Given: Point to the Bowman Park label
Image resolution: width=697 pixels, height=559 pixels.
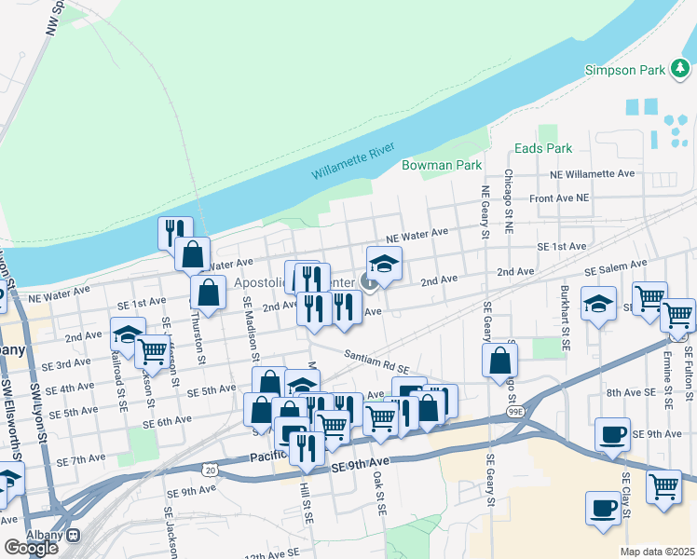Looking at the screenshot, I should [441, 165].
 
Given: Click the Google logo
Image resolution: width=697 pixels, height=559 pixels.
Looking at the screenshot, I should [31, 547].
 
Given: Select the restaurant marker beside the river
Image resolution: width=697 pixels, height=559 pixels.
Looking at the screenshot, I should [174, 232].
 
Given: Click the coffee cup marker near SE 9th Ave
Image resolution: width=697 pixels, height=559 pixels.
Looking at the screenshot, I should [613, 434].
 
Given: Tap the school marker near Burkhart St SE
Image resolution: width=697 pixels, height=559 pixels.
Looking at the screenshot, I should [598, 303].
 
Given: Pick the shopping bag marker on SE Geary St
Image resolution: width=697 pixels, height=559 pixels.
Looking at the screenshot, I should [499, 360].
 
